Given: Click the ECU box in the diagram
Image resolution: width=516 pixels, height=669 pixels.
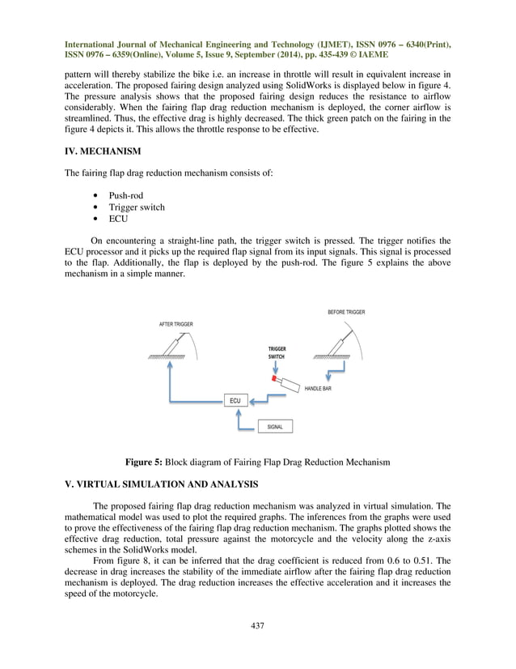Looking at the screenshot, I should (235, 400).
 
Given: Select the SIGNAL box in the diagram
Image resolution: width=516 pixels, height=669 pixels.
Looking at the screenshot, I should (274, 426).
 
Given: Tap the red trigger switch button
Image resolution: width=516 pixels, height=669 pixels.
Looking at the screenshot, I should (275, 378).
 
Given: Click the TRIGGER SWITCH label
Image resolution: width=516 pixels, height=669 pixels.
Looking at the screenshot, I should (277, 352).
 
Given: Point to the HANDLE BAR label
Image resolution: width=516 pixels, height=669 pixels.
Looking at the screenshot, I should (319, 389).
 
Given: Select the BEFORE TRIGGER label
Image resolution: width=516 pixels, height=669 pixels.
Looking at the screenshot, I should (346, 312).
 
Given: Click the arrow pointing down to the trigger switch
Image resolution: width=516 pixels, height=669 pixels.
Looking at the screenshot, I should (277, 367).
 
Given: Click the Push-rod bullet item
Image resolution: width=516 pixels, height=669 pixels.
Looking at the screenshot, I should (127, 195).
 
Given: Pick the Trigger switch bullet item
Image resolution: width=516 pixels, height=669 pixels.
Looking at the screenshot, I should (136, 207).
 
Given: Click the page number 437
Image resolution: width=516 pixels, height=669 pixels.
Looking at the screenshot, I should (257, 624).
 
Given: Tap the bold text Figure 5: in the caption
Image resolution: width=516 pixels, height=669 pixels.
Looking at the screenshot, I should (150, 462).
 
